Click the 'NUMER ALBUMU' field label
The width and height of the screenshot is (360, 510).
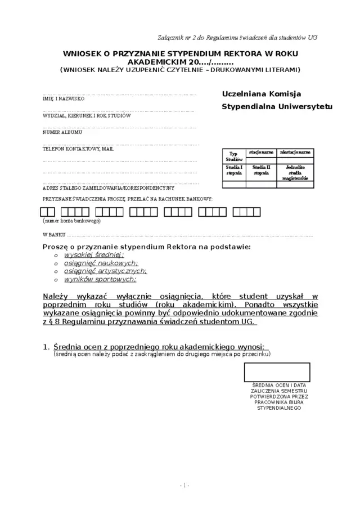point(62,132)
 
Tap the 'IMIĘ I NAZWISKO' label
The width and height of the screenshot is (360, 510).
point(64,99)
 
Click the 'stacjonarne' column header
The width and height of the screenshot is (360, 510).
point(261,153)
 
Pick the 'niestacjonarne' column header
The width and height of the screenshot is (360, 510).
point(296,153)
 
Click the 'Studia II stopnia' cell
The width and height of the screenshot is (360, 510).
point(261,170)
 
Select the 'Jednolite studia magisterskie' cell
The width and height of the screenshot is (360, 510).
point(296,172)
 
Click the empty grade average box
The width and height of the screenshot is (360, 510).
point(277,372)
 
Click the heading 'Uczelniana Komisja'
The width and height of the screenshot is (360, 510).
point(262,93)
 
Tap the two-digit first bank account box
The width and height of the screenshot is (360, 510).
point(48,212)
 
